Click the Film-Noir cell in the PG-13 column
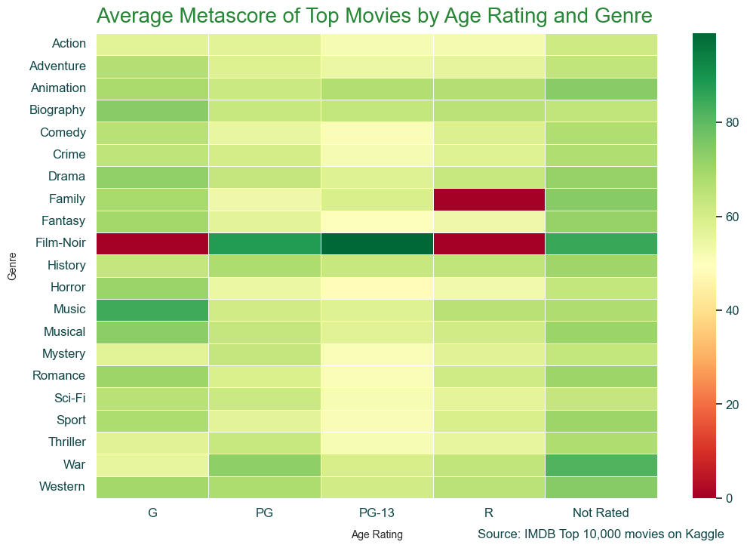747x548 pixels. pos(377,243)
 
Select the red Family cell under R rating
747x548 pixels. pos(489,199)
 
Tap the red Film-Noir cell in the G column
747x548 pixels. pos(152,243)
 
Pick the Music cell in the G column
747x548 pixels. pos(152,309)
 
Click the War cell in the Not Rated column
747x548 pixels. pos(601,464)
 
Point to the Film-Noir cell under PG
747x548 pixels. pos(265,243)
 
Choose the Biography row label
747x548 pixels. pos(57,110)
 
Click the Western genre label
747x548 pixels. pos(62,487)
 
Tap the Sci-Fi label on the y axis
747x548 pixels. pos(68,398)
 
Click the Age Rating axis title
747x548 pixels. pos(377,534)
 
